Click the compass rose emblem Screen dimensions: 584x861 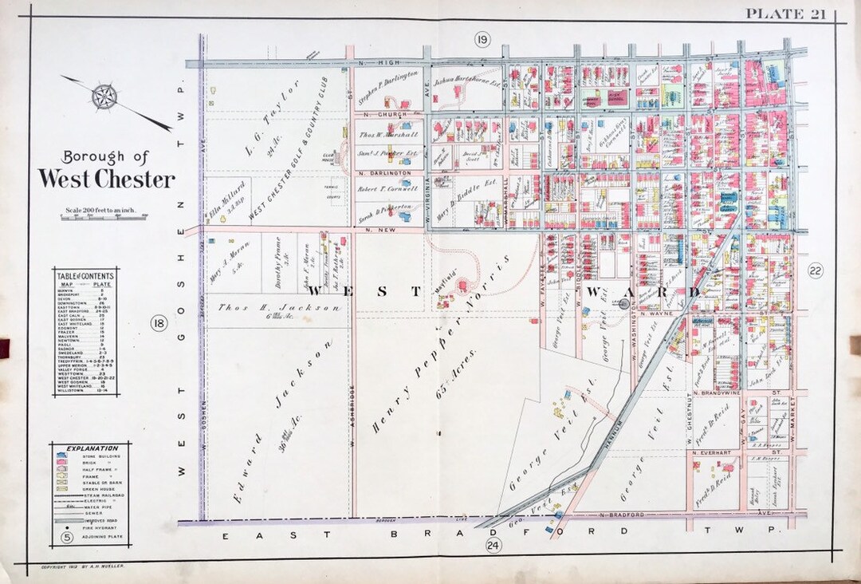[x=104, y=97]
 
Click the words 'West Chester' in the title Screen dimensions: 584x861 [x=105, y=179]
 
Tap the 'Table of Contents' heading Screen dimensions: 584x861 [x=85, y=276]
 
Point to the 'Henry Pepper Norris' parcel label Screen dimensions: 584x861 [x=454, y=327]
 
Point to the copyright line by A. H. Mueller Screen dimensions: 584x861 [x=79, y=566]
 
